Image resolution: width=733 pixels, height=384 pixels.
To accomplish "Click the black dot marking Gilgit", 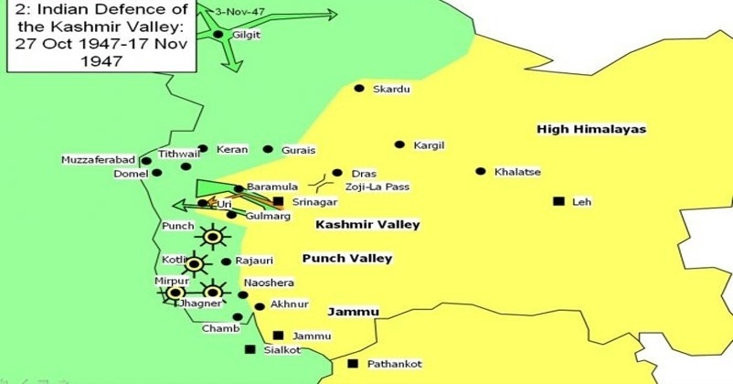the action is click(x=218, y=35).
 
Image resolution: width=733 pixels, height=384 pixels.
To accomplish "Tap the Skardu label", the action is click(x=391, y=89).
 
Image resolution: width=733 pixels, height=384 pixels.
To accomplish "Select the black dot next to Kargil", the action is click(x=399, y=144).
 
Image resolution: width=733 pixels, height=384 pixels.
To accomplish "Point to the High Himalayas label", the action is click(x=591, y=129).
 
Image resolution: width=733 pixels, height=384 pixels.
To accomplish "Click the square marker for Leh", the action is click(x=558, y=201).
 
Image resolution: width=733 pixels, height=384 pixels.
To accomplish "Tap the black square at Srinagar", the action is click(x=278, y=201).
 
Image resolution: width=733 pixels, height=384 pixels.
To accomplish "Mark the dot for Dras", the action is click(x=337, y=173).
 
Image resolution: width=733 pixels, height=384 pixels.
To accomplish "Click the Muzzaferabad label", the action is click(x=98, y=160).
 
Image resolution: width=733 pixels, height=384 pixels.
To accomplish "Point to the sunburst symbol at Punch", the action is click(x=213, y=238).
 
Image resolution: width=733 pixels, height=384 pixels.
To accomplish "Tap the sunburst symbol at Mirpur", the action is click(x=175, y=293).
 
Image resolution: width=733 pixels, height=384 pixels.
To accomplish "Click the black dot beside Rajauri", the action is click(x=226, y=261).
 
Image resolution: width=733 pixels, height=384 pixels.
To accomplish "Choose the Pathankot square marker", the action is click(x=353, y=364).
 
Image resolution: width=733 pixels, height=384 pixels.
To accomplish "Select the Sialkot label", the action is click(x=282, y=349).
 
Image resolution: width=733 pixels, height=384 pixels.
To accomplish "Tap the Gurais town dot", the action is click(x=268, y=149).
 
